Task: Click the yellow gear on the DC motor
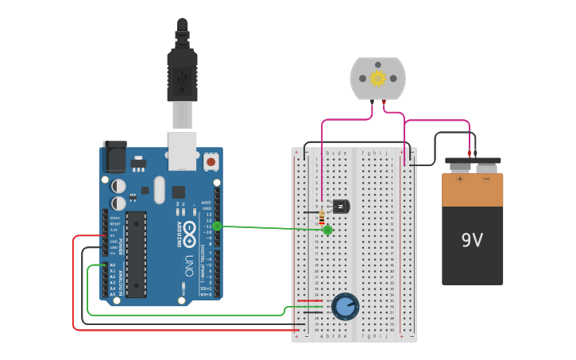(x=377, y=78)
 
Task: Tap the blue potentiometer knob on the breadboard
(x=345, y=306)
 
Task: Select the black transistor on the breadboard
(x=341, y=207)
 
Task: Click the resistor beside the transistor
(x=321, y=215)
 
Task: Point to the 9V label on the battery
(x=472, y=239)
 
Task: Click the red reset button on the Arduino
(x=211, y=161)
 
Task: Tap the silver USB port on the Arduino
(x=182, y=151)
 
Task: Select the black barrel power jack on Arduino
(x=114, y=157)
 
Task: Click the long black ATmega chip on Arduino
(x=136, y=254)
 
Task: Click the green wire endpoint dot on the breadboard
(x=327, y=230)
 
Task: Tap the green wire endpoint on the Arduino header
(x=217, y=226)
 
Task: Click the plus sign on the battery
(x=459, y=179)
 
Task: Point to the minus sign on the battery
(x=486, y=179)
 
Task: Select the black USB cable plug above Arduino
(x=182, y=72)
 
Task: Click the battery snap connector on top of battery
(x=473, y=165)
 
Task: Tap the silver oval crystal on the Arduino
(x=160, y=189)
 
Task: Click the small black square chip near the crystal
(x=179, y=192)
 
